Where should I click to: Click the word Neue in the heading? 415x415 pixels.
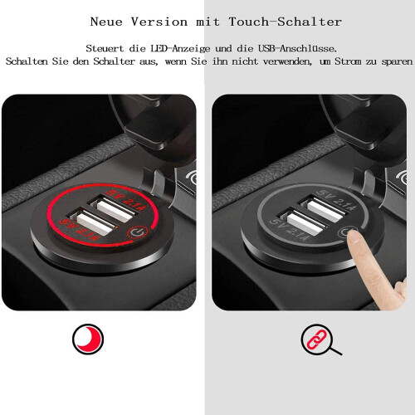click(x=106, y=22)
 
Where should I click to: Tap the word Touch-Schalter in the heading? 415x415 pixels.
click(x=286, y=22)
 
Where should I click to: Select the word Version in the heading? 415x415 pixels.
click(x=159, y=22)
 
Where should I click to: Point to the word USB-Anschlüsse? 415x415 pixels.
click(x=298, y=48)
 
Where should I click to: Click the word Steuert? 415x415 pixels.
click(x=105, y=48)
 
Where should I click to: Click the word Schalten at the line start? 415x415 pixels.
click(x=27, y=61)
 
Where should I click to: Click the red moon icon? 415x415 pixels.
click(x=88, y=339)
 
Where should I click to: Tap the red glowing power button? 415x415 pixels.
click(x=137, y=232)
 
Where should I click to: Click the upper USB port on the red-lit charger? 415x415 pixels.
click(x=114, y=208)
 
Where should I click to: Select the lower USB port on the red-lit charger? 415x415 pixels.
click(x=93, y=222)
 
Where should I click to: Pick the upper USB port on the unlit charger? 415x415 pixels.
click(x=325, y=208)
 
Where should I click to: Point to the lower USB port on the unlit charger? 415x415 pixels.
click(x=303, y=222)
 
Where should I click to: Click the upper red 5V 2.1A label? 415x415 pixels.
click(x=126, y=200)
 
